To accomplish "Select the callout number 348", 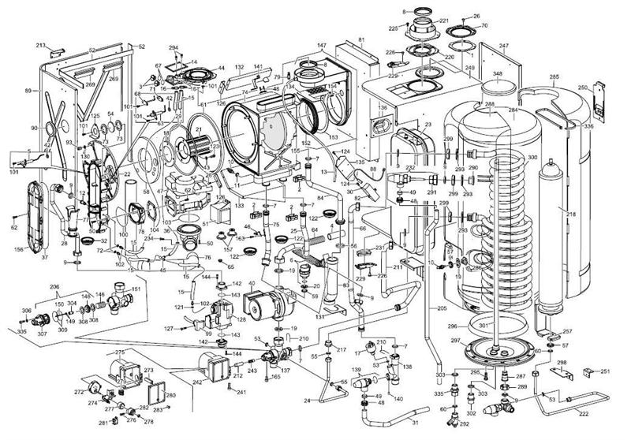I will click(x=497, y=74).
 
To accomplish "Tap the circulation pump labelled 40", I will click(x=260, y=300).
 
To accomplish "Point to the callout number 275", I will click(x=121, y=352).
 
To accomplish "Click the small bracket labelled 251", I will click(x=587, y=371).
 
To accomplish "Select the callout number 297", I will click(x=456, y=340).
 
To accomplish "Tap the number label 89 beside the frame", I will click(x=29, y=91).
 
